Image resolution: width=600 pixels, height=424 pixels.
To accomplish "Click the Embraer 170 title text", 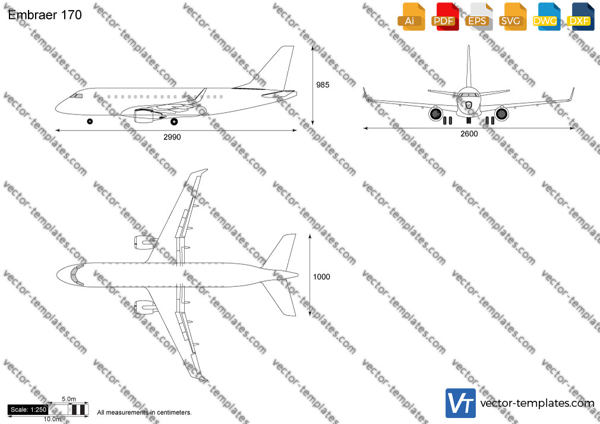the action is point(45,15).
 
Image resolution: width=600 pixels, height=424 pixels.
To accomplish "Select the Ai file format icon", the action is point(411,17).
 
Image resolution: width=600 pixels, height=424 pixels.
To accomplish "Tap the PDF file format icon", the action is point(445,17).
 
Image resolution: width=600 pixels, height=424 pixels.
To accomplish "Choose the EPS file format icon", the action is point(479,17).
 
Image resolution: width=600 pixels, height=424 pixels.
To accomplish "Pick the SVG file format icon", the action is point(512,17).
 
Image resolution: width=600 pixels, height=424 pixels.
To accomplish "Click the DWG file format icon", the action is point(547,17).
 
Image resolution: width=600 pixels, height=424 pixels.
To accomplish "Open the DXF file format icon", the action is point(580,17).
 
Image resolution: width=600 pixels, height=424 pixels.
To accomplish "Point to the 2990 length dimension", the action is point(172,137).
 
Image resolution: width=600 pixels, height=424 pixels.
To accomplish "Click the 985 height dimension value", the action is point(323,85).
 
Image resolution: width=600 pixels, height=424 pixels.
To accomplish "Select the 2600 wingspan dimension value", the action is point(469,134).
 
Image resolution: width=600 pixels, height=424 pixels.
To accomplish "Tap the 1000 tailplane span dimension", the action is point(321,277).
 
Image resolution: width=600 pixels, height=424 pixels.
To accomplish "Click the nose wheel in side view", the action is point(90,121).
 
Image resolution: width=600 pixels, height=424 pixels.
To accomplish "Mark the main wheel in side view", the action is point(174,122).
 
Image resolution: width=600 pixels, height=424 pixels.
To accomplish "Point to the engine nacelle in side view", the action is point(144,115).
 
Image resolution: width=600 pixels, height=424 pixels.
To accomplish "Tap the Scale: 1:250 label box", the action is point(28,410).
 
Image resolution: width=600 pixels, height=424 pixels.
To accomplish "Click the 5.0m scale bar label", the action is point(69,399).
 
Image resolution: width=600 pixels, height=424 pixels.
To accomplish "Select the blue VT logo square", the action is point(461,403).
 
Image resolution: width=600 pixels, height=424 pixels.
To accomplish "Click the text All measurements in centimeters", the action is point(144,413).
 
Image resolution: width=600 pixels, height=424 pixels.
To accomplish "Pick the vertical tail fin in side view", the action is point(274,69).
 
